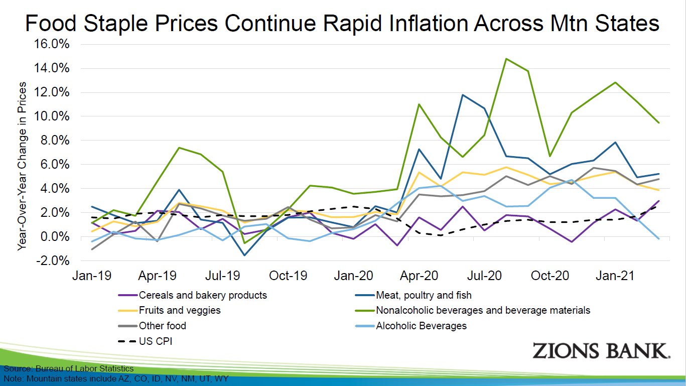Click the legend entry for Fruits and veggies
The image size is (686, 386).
point(180,310)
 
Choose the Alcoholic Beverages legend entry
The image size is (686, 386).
point(421,326)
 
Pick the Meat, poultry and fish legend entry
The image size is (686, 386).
point(424,295)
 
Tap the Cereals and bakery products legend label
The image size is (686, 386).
point(203,295)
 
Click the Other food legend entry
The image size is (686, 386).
point(163,326)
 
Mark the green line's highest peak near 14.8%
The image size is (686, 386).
point(506,59)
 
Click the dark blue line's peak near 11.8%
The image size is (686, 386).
point(462,95)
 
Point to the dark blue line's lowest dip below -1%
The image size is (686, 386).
point(244,255)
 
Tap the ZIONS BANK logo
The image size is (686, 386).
point(601,351)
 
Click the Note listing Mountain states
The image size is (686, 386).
point(116,378)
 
